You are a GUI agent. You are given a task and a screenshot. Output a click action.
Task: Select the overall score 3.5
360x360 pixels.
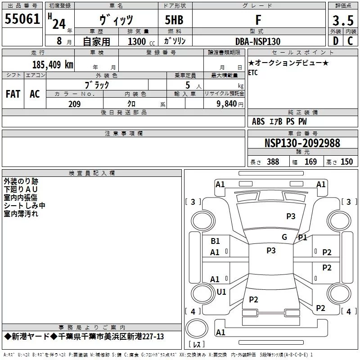[342, 21]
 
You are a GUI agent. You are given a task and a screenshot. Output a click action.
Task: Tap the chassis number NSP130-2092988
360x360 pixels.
[302, 144]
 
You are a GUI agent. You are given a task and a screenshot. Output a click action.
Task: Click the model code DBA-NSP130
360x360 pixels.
[258, 41]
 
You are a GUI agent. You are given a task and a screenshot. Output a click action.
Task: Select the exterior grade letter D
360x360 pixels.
[336, 41]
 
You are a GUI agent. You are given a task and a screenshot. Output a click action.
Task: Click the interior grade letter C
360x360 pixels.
[350, 41]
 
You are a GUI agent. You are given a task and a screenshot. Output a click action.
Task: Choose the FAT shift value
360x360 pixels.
[13, 94]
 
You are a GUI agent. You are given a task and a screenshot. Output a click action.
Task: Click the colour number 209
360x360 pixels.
[75, 104]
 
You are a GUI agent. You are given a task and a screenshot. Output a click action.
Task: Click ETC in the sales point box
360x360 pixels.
[253, 73]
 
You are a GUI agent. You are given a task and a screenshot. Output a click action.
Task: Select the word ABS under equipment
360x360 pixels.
[258, 121]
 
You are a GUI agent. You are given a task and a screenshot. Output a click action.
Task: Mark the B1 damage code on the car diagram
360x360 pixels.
[216, 241]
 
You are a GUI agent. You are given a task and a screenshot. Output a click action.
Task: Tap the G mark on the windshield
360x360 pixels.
[284, 237]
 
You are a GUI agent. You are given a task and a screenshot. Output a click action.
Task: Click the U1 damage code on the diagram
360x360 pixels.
[221, 292]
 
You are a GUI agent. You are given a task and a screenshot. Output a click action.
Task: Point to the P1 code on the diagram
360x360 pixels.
[302, 238]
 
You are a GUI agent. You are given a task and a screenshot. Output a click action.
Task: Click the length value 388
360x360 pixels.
[273, 162]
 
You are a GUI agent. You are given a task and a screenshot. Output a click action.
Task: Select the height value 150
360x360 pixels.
[346, 162]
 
